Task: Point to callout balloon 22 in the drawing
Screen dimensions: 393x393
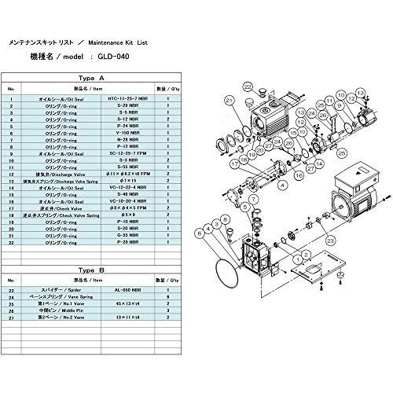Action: pos(248,108)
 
